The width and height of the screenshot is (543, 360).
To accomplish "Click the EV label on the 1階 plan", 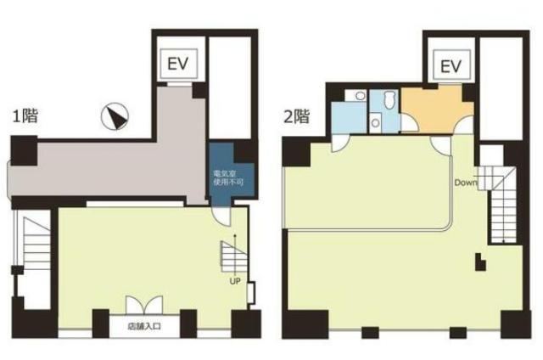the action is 178,64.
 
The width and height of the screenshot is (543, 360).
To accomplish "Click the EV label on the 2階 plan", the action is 451,66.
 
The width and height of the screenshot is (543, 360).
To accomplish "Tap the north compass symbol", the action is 115,116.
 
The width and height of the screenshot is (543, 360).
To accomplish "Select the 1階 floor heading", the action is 25,115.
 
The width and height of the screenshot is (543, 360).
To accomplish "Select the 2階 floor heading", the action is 296,116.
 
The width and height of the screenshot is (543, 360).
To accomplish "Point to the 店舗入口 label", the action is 144,326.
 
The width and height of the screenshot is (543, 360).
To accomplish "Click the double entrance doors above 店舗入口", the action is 144,305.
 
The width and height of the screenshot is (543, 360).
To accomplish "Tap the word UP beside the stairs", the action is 235,281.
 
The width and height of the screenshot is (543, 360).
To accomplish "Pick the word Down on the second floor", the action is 466,183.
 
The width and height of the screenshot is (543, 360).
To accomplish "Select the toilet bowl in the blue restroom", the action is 390,98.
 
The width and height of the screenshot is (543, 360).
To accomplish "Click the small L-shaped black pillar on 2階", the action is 480,262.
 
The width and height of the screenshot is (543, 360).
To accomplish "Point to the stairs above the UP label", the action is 234,256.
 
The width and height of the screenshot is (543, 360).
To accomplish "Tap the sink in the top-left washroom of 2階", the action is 361,95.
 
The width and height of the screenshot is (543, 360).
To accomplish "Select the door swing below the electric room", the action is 221,217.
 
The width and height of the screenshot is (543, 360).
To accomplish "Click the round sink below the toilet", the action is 375,122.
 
